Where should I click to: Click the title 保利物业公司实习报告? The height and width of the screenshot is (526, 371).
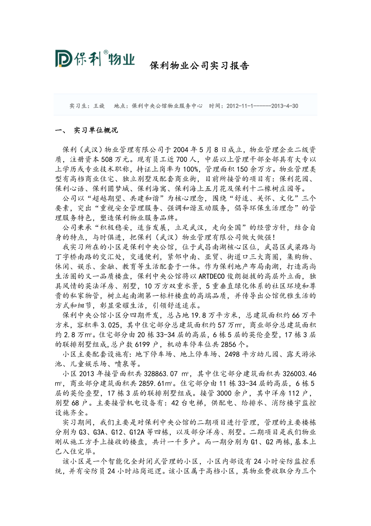click(199, 65)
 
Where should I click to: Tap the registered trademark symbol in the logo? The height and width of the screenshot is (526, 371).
click(106, 52)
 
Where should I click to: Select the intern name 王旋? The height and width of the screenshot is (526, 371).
click(99, 106)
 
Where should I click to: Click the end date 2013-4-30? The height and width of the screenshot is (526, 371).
click(285, 106)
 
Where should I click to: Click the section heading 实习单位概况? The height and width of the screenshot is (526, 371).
click(96, 130)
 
